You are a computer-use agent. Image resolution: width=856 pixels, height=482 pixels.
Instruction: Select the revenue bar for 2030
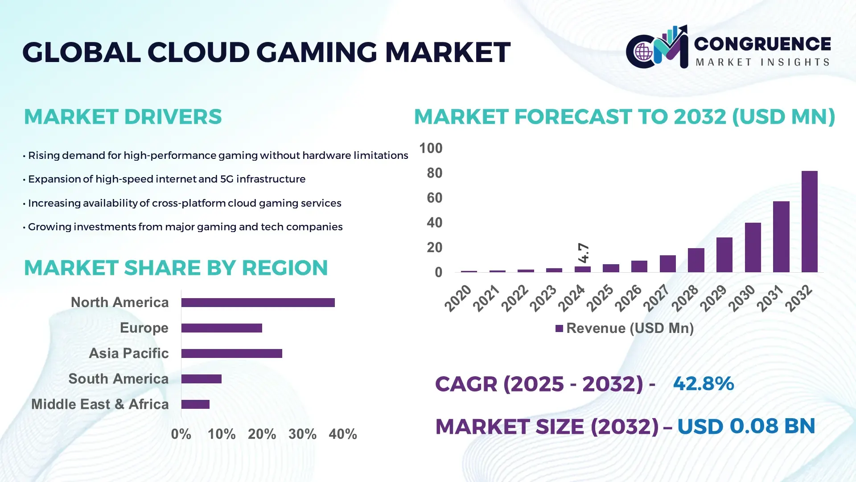pyautogui.click(x=753, y=247)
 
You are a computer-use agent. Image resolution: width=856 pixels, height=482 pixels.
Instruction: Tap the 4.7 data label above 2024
pyautogui.click(x=583, y=253)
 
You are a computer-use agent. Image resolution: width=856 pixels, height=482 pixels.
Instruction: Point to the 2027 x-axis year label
pyautogui.click(x=656, y=298)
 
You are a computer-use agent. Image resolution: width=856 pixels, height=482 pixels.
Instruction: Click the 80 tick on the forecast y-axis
pyautogui.click(x=434, y=173)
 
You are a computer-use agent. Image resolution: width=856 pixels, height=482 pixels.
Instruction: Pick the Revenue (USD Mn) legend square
pyautogui.click(x=559, y=328)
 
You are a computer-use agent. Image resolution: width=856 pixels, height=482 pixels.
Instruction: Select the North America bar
pyautogui.click(x=258, y=303)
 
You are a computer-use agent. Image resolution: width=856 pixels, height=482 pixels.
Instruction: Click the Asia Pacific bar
pyautogui.click(x=231, y=353)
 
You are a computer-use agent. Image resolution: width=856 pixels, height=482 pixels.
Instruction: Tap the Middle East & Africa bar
pyautogui.click(x=195, y=404)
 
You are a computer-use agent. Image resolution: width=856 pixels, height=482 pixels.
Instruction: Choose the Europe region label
pyautogui.click(x=144, y=328)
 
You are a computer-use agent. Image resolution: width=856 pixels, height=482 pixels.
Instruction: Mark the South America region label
pyautogui.click(x=118, y=379)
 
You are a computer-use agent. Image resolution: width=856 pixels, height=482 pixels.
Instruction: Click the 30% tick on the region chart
pyautogui.click(x=302, y=434)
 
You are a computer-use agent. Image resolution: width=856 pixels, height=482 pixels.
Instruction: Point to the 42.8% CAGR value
pyautogui.click(x=703, y=384)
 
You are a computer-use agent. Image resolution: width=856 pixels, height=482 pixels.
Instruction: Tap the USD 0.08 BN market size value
pyautogui.click(x=746, y=426)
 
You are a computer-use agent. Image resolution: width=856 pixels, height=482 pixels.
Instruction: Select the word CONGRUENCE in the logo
pyautogui.click(x=762, y=44)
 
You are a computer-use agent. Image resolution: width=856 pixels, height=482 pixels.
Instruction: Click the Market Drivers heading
pyautogui.click(x=123, y=117)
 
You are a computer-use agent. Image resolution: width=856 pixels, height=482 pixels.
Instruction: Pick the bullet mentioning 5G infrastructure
pyautogui.click(x=166, y=179)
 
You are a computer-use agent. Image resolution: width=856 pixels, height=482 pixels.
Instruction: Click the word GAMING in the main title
pyautogui.click(x=317, y=53)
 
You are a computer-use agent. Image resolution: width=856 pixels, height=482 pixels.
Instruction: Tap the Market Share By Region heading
pyautogui.click(x=176, y=268)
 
